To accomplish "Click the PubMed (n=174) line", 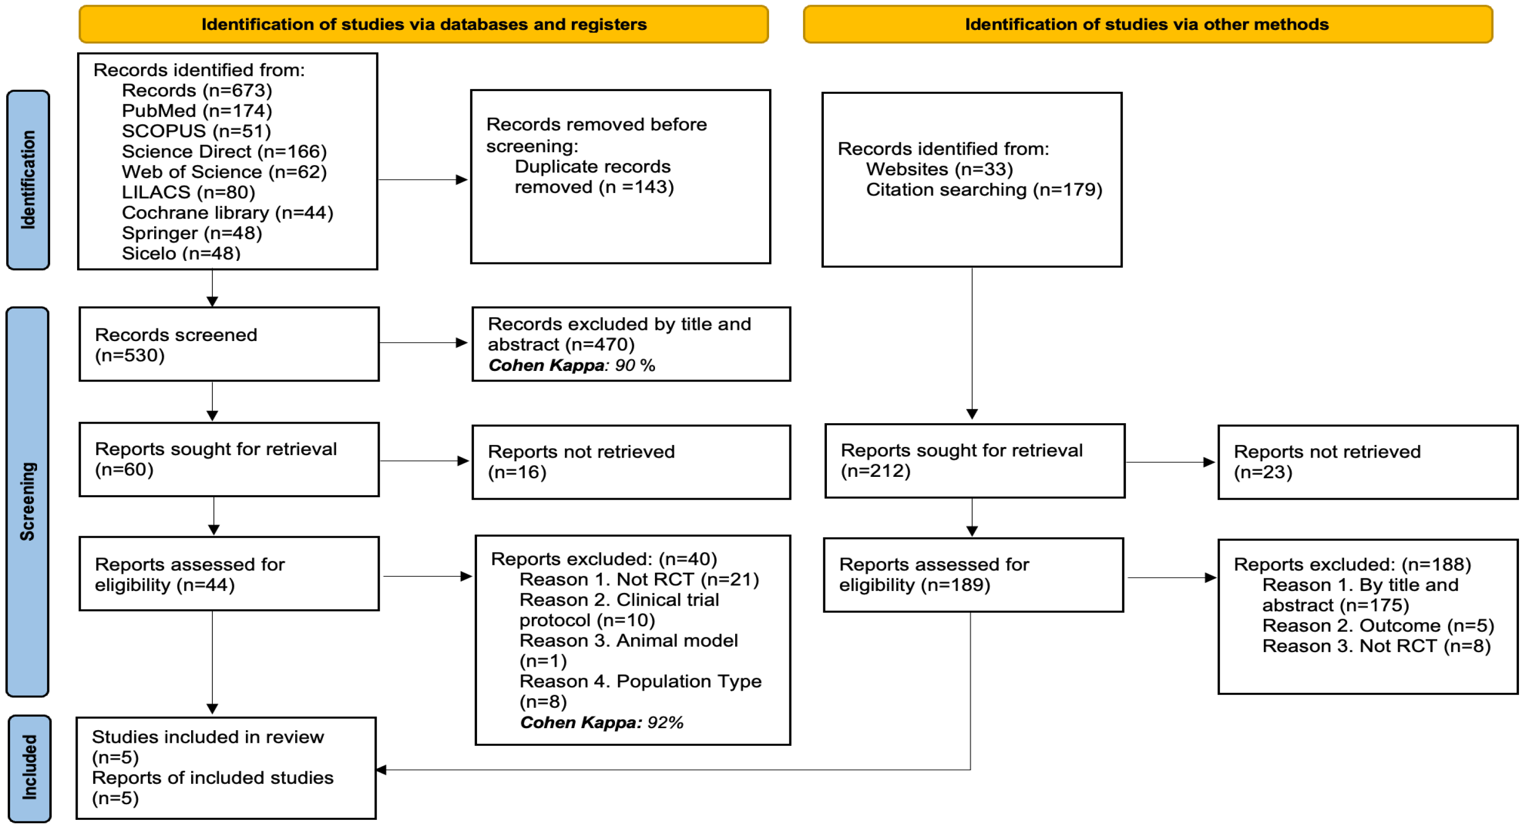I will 197,110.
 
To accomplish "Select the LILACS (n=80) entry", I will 188,193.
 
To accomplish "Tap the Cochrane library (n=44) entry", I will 227,212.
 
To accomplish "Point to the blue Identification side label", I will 28,180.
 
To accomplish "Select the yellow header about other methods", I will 1147,24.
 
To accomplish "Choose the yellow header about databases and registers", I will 424,24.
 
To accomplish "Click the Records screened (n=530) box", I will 229,345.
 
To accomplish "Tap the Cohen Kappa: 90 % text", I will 571,365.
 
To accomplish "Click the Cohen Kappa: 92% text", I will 601,722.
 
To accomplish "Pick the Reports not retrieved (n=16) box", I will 631,462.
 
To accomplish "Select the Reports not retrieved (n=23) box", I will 1367,462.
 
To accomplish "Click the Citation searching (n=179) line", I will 984,190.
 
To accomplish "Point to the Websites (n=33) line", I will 939,169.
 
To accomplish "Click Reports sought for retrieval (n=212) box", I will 974,461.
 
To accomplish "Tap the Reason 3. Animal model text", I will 628,641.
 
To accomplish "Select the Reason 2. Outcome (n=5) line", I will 1377,626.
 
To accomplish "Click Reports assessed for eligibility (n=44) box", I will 229,574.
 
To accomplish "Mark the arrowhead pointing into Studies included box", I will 382,770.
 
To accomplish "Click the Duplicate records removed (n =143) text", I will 593,177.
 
